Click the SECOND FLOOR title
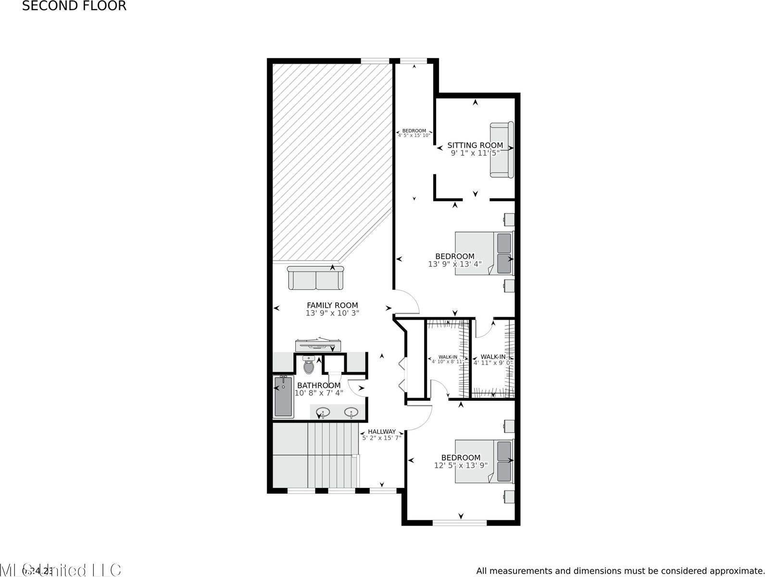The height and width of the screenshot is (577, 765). (75, 6)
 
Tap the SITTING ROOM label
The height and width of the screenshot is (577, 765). (475, 145)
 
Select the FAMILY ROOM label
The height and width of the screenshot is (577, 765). (332, 305)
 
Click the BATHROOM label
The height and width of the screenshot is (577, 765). (319, 386)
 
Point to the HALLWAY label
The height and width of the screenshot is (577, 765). (382, 432)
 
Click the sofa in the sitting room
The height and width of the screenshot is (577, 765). (502, 150)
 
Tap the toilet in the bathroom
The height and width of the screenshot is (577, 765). (309, 365)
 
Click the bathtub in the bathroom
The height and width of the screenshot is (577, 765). (283, 397)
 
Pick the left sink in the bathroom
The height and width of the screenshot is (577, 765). (324, 412)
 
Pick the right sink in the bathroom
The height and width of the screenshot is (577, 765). (351, 412)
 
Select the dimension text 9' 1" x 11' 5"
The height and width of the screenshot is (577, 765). (475, 153)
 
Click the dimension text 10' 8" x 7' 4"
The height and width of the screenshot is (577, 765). (319, 393)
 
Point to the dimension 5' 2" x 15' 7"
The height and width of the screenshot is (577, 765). (382, 438)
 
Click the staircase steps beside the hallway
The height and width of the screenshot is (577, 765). (333, 454)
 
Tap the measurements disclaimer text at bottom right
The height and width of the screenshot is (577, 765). (620, 571)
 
